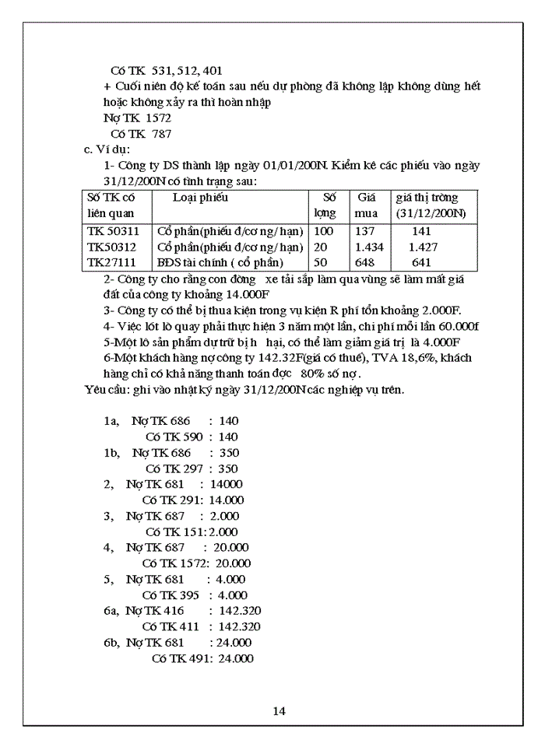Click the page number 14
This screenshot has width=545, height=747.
click(x=280, y=710)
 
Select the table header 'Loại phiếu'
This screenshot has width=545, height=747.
click(x=200, y=198)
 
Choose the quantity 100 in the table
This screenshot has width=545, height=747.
click(x=323, y=231)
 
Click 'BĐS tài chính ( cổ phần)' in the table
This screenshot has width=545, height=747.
click(x=220, y=262)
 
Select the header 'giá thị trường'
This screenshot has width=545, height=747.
click(x=427, y=198)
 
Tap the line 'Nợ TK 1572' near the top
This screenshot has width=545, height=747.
click(x=137, y=118)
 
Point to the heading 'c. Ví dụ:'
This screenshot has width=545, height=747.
click(x=107, y=149)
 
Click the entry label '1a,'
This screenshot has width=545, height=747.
click(x=111, y=421)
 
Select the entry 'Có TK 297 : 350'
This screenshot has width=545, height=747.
click(x=192, y=468)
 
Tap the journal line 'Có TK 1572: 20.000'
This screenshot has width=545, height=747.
click(x=196, y=563)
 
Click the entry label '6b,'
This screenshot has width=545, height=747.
click(x=112, y=642)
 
